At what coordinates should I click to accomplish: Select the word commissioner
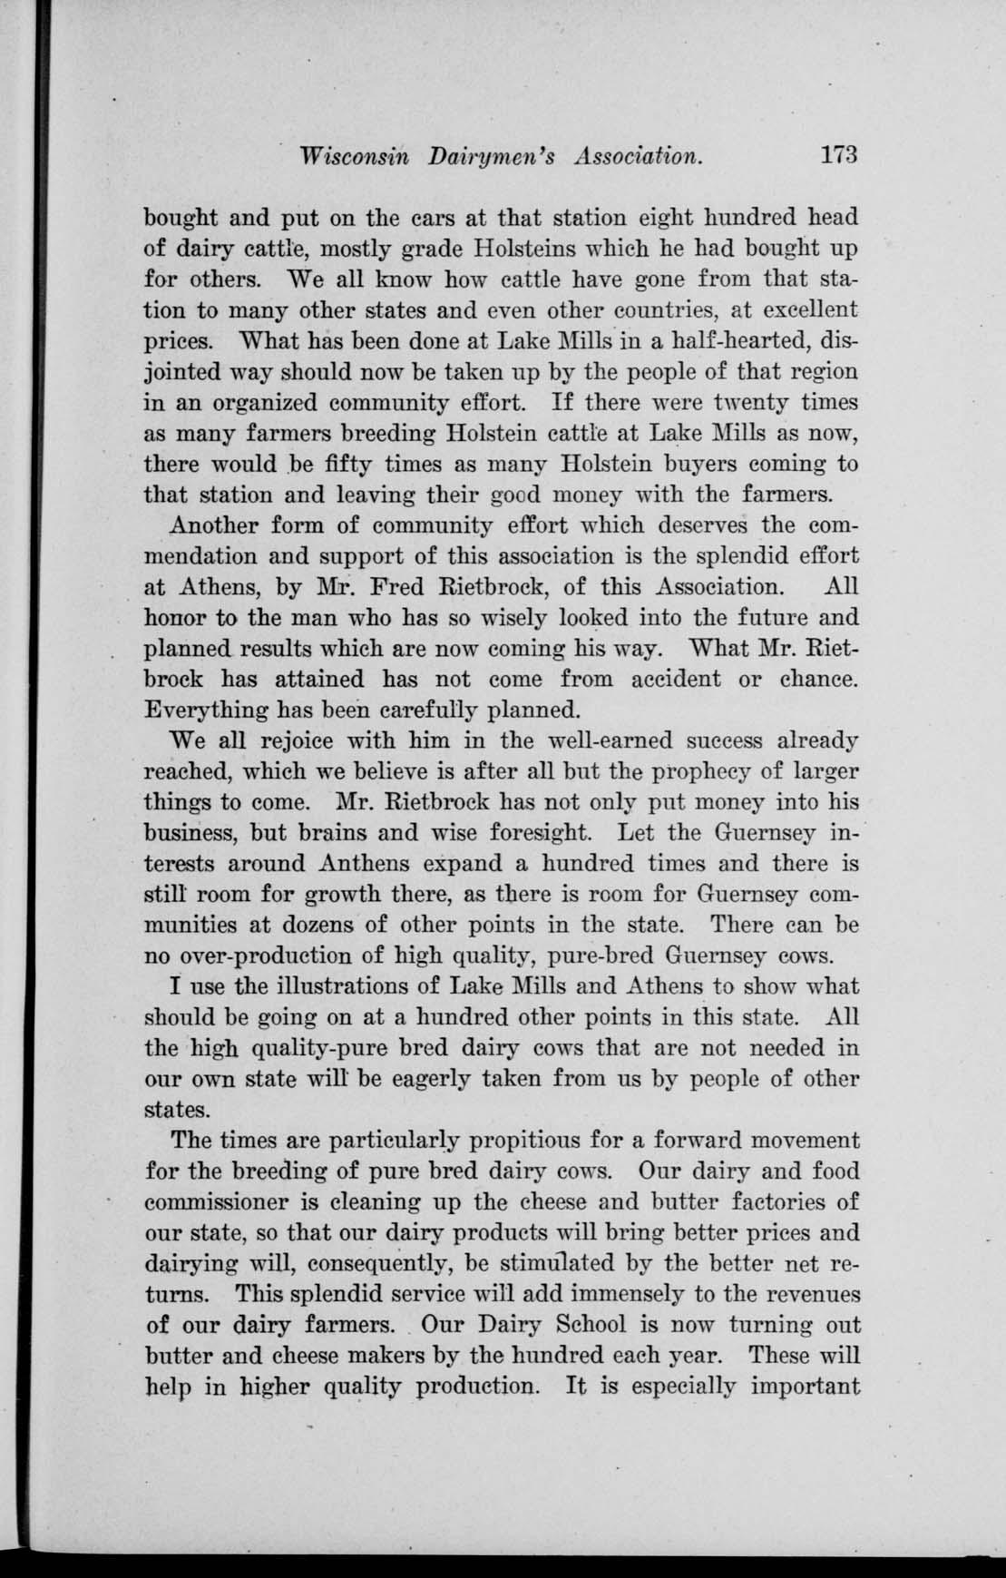point(222,1202)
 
